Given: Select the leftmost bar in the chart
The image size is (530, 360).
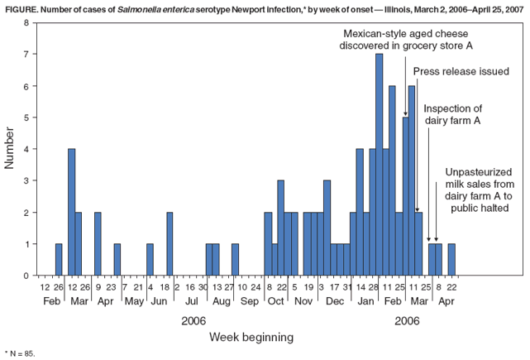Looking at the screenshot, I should (x=59, y=259).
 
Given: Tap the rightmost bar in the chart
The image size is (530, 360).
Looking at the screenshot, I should (x=451, y=259).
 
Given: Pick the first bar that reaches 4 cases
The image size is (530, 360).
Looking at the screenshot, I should (x=72, y=212).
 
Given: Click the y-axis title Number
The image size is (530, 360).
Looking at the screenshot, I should (x=10, y=149).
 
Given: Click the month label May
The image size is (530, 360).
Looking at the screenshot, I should (x=134, y=302).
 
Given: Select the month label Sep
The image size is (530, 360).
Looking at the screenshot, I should (x=249, y=302).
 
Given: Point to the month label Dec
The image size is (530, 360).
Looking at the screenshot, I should (x=335, y=302).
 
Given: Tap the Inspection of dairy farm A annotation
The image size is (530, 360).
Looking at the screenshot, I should (x=452, y=113).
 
